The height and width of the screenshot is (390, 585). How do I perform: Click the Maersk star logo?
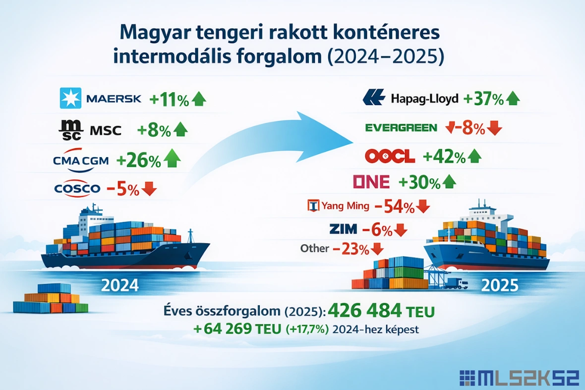pos(70,98)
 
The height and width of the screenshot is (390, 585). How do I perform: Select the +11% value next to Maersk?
pos(169,100)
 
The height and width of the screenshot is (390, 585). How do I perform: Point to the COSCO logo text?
pos(77,188)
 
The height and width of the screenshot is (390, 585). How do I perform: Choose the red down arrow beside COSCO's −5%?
pos(149,188)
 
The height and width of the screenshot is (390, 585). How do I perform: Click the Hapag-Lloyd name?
pos(424,99)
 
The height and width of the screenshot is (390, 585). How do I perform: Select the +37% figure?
pos(483,99)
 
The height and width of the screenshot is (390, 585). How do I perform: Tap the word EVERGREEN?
pos(401,128)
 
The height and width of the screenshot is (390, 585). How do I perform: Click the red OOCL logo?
pos(390,156)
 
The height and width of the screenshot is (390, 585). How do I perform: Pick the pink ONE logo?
pos(371,181)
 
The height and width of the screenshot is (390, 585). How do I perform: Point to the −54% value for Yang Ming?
pos(394,207)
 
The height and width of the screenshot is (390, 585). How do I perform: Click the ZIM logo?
pos(343,228)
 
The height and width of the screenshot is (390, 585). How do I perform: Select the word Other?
pos(314,248)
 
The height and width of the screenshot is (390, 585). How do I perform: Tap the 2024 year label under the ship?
pos(120,285)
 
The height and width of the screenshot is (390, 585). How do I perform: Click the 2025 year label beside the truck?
pos(500,285)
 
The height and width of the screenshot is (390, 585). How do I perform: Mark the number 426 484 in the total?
pos(365,310)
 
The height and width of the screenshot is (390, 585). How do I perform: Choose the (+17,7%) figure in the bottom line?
pos(307,330)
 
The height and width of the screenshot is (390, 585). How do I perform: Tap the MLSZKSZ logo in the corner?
pos(520,378)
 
